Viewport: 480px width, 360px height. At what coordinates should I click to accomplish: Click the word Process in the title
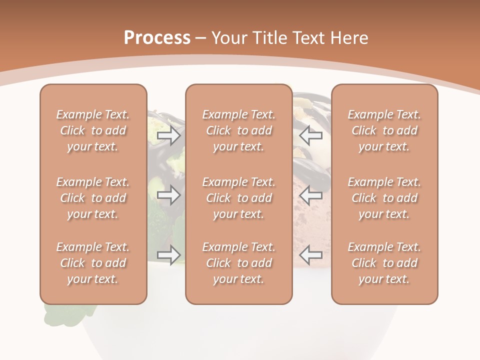tap(157, 37)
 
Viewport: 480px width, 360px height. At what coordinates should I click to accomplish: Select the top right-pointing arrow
tap(168, 135)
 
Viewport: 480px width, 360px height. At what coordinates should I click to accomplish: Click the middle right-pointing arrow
tap(168, 195)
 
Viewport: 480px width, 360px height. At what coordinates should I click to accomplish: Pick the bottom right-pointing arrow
tap(168, 254)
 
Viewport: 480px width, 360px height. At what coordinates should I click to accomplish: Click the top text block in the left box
tap(93, 130)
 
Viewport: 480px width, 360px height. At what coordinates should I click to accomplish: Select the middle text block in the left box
tap(93, 198)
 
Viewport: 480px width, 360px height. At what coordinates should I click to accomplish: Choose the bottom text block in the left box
tap(93, 263)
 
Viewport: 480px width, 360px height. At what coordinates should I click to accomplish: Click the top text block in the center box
tap(239, 130)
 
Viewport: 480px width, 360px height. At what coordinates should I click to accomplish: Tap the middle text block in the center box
tap(239, 198)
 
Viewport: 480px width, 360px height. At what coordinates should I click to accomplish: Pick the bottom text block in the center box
tap(239, 263)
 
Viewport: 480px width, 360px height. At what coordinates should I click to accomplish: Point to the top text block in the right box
tap(384, 130)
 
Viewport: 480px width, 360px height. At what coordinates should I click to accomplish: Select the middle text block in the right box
tap(384, 198)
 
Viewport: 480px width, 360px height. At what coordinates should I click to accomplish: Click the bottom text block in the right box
tap(384, 263)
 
